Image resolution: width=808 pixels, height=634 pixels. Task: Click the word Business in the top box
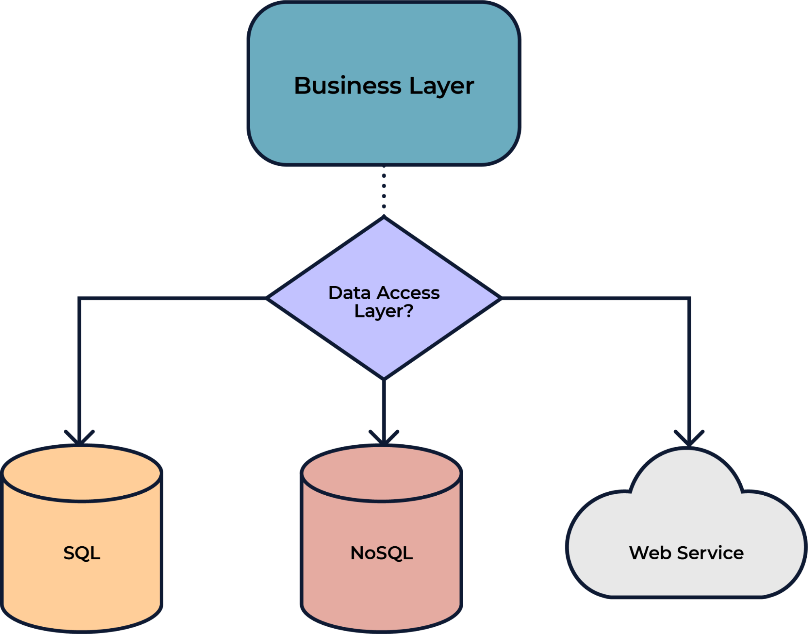(x=348, y=86)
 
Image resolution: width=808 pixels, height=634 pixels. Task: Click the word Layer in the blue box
(x=441, y=87)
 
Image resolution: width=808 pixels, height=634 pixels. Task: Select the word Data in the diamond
(x=349, y=293)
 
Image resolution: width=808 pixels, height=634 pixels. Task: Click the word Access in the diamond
(x=408, y=293)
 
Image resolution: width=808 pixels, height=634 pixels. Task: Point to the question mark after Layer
(x=409, y=310)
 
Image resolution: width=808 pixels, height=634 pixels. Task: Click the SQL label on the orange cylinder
(x=82, y=553)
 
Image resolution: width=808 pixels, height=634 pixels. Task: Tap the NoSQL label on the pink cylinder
(x=382, y=553)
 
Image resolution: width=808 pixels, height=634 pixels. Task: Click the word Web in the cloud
(x=651, y=553)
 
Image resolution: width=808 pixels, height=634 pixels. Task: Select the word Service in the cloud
(x=710, y=553)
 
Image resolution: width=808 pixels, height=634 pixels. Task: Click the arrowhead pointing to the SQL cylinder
(x=80, y=438)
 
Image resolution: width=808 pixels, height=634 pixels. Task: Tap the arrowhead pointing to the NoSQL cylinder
(x=384, y=438)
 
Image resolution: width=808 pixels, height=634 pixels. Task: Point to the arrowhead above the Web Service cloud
(x=689, y=438)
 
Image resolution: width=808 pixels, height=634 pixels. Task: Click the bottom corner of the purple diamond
(x=384, y=377)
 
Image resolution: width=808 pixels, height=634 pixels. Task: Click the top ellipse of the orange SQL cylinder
(x=82, y=473)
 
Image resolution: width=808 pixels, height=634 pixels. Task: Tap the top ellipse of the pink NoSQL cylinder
(x=382, y=473)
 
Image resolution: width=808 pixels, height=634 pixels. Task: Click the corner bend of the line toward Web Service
(x=689, y=299)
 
